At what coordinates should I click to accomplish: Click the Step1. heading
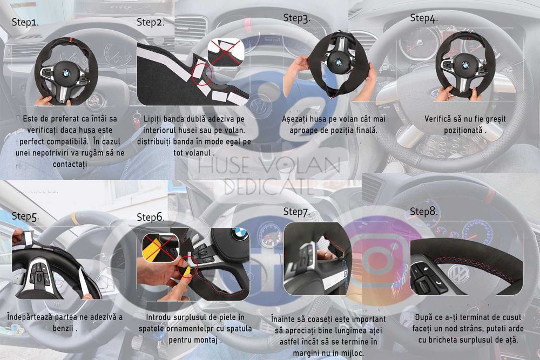point(25,22)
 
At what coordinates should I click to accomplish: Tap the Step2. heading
point(151,22)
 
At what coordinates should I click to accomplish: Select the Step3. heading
point(296,18)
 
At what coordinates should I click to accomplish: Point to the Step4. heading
point(423,18)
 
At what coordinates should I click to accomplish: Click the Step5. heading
point(25,216)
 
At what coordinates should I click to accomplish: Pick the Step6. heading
point(151,217)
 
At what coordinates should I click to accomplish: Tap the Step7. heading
point(296,212)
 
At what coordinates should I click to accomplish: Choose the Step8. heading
point(423,212)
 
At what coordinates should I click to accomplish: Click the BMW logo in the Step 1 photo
point(66,73)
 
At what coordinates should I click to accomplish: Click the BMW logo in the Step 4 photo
point(465,65)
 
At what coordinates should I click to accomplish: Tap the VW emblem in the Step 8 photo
point(458,274)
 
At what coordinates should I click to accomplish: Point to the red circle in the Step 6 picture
point(187,267)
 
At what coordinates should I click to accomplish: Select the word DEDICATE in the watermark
point(269,187)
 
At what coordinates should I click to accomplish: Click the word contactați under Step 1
point(70,164)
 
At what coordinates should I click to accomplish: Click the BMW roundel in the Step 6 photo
point(240,233)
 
